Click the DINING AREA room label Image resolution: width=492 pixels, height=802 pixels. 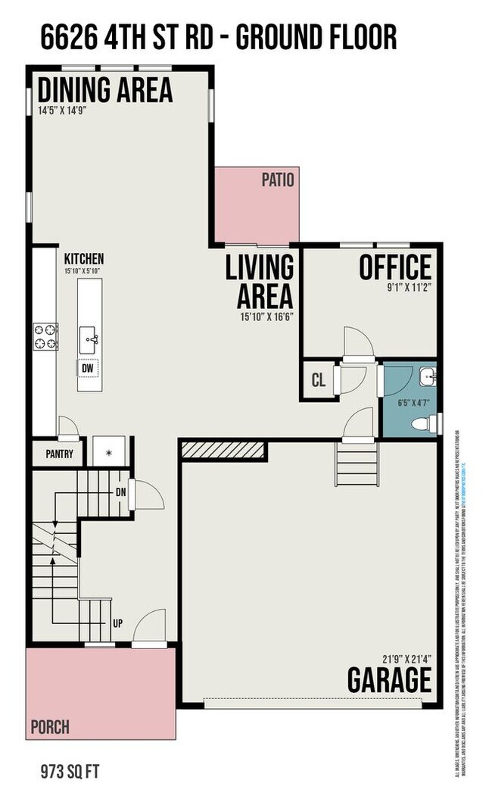tap(105, 90)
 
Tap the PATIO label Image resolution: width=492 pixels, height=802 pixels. tap(278, 179)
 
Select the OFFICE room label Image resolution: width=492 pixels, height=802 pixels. tap(395, 267)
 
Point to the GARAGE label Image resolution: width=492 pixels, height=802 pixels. tap(389, 679)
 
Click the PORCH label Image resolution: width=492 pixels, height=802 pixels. tap(50, 727)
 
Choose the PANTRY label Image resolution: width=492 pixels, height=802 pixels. tap(59, 454)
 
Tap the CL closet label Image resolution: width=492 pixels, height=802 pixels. tap(318, 380)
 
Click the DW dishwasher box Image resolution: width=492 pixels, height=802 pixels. tap(88, 368)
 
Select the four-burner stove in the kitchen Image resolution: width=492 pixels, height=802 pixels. tap(45, 336)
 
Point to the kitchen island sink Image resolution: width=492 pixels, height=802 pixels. tap(91, 335)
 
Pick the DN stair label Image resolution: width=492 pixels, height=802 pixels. tap(120, 492)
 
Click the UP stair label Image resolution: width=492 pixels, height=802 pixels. tap(118, 625)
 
